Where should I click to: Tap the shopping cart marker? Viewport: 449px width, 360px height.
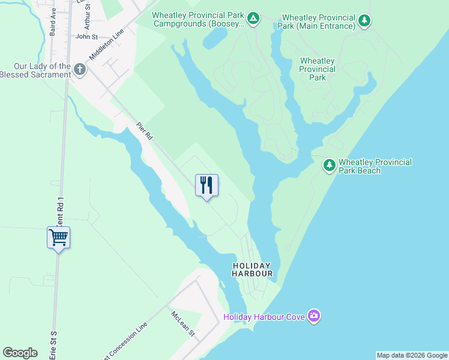[58, 238]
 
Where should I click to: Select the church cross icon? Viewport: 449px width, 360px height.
[80, 70]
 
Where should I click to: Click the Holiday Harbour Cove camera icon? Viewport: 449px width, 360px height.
[313, 316]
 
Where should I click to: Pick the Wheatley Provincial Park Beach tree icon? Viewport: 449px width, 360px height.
[329, 164]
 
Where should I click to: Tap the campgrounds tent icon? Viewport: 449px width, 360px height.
[254, 19]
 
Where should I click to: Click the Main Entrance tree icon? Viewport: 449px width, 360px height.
[364, 22]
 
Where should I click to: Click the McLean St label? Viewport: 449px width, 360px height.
[183, 323]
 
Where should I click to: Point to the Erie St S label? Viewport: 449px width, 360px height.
[53, 344]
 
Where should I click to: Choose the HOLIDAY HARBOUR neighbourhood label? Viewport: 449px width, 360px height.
[252, 269]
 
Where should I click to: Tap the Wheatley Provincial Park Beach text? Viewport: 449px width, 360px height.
[375, 166]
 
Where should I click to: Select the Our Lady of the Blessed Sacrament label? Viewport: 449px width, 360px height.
[35, 70]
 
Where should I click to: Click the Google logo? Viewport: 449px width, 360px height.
[20, 353]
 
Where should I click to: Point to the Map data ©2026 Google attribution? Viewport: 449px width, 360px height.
[412, 355]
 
